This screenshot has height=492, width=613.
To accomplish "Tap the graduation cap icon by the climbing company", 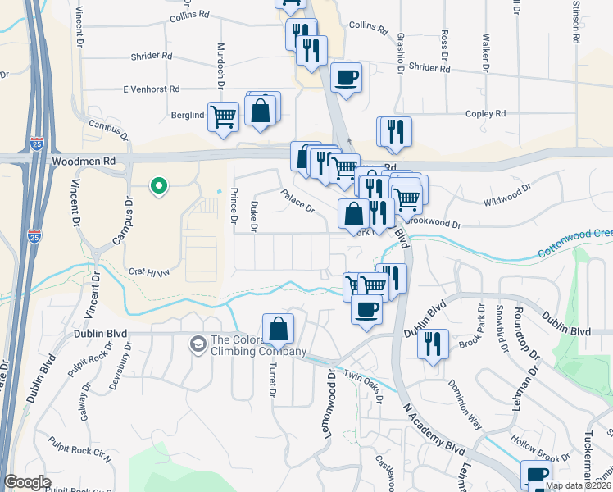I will (198, 343).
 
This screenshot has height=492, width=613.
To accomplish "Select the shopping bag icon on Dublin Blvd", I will (278, 329).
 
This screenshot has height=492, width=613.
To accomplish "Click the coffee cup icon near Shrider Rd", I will (346, 78).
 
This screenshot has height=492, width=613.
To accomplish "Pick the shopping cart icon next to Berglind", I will (223, 116).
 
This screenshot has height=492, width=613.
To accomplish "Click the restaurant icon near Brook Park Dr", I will (432, 343).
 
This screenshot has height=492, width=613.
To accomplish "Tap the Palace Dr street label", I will (297, 201).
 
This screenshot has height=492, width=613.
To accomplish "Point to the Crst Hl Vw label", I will (149, 271).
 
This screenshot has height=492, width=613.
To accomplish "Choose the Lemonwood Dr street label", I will (330, 401).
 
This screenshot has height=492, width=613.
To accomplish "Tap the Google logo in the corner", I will (28, 482).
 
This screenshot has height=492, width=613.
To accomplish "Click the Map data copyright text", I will (578, 485).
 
